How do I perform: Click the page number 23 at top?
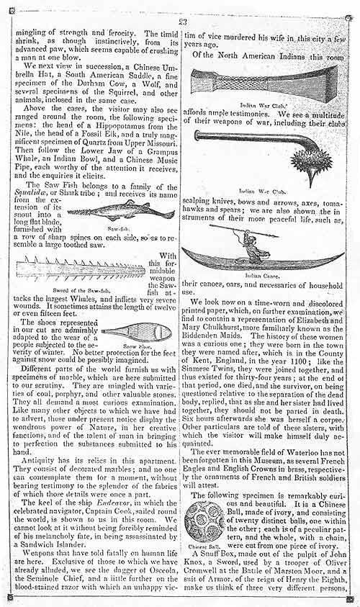[x=183, y=9]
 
